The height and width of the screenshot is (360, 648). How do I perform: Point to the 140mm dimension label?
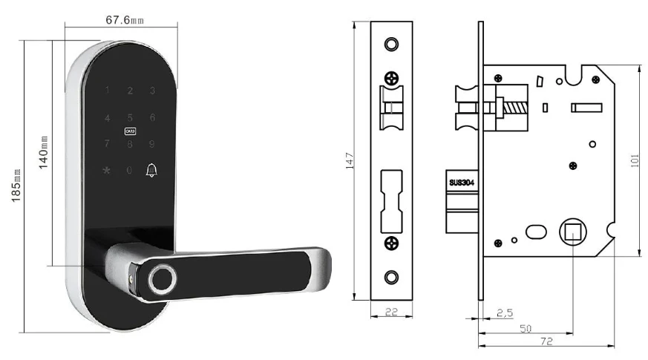(43, 151)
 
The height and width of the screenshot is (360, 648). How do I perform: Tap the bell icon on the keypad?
(152, 171)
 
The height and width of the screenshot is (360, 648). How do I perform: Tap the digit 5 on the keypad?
(130, 118)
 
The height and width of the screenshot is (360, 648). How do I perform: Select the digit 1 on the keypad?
(108, 91)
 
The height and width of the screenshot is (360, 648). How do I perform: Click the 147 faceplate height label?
(352, 160)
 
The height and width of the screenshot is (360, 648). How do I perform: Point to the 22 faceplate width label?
(390, 313)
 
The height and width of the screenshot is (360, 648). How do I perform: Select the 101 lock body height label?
(635, 160)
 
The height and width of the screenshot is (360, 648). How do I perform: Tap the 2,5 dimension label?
(505, 313)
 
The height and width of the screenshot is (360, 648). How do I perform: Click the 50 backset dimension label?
(526, 328)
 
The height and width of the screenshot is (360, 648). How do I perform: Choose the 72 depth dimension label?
(546, 341)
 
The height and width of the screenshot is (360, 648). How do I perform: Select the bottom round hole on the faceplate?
(391, 277)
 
